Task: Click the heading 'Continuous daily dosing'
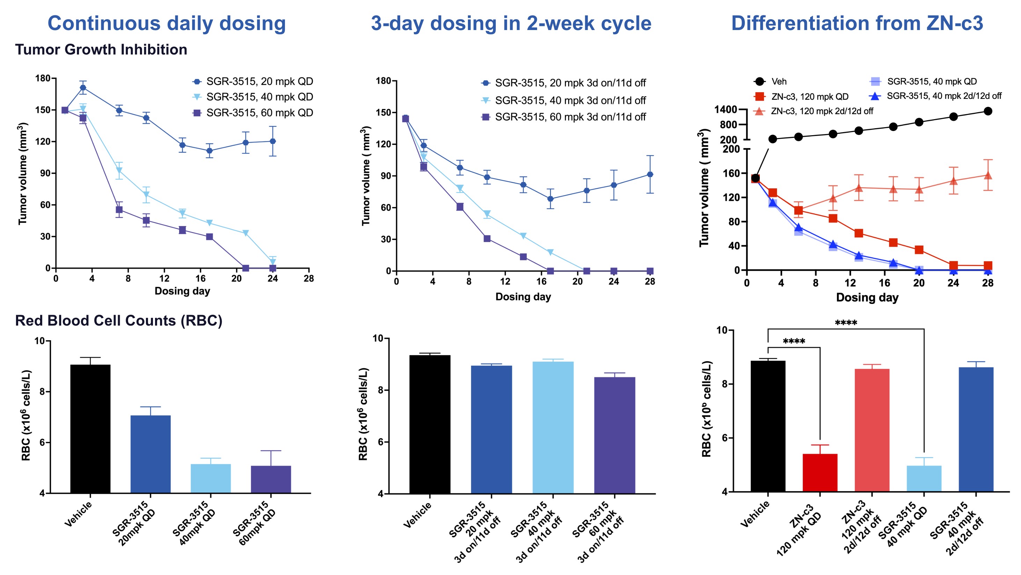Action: [x=167, y=23]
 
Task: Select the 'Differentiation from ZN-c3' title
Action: [x=857, y=23]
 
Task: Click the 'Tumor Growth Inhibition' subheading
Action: [x=101, y=50]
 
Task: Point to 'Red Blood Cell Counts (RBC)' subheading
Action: [x=118, y=320]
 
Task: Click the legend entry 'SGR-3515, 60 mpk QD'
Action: [x=259, y=113]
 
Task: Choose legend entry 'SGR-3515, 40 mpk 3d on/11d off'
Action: [x=570, y=100]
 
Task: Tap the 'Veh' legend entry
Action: [x=778, y=82]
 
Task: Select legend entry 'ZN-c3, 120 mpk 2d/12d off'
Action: [x=821, y=111]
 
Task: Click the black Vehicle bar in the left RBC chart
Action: [x=90, y=428]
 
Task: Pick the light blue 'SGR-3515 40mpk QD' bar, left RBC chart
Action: [x=211, y=478]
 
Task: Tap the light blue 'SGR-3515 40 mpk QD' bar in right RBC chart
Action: [x=924, y=479]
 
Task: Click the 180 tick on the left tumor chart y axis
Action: [x=43, y=78]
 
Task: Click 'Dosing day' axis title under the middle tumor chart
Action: [x=523, y=297]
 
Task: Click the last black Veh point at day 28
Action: [x=988, y=111]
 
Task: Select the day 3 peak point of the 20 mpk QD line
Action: [x=83, y=88]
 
